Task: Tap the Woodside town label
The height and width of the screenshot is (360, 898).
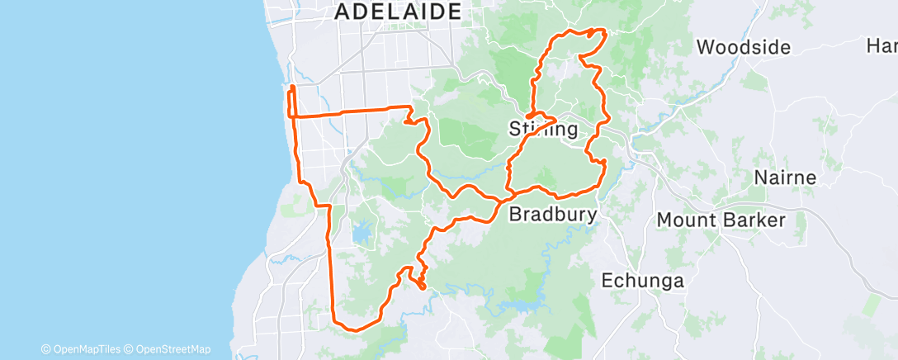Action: [744, 47]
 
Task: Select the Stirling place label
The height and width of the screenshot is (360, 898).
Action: [544, 130]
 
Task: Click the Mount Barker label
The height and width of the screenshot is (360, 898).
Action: [721, 220]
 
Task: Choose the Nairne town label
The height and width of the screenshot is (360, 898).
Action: [785, 178]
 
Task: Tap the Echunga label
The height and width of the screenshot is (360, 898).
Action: [642, 281]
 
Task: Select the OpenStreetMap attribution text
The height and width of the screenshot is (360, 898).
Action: [173, 349]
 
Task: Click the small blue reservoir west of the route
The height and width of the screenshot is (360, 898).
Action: [362, 234]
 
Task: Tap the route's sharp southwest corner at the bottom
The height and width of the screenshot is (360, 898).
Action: [334, 321]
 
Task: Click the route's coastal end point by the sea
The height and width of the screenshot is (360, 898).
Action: [291, 86]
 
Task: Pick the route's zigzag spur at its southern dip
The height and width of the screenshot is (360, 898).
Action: [420, 281]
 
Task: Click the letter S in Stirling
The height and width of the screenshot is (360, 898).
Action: [515, 130]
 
